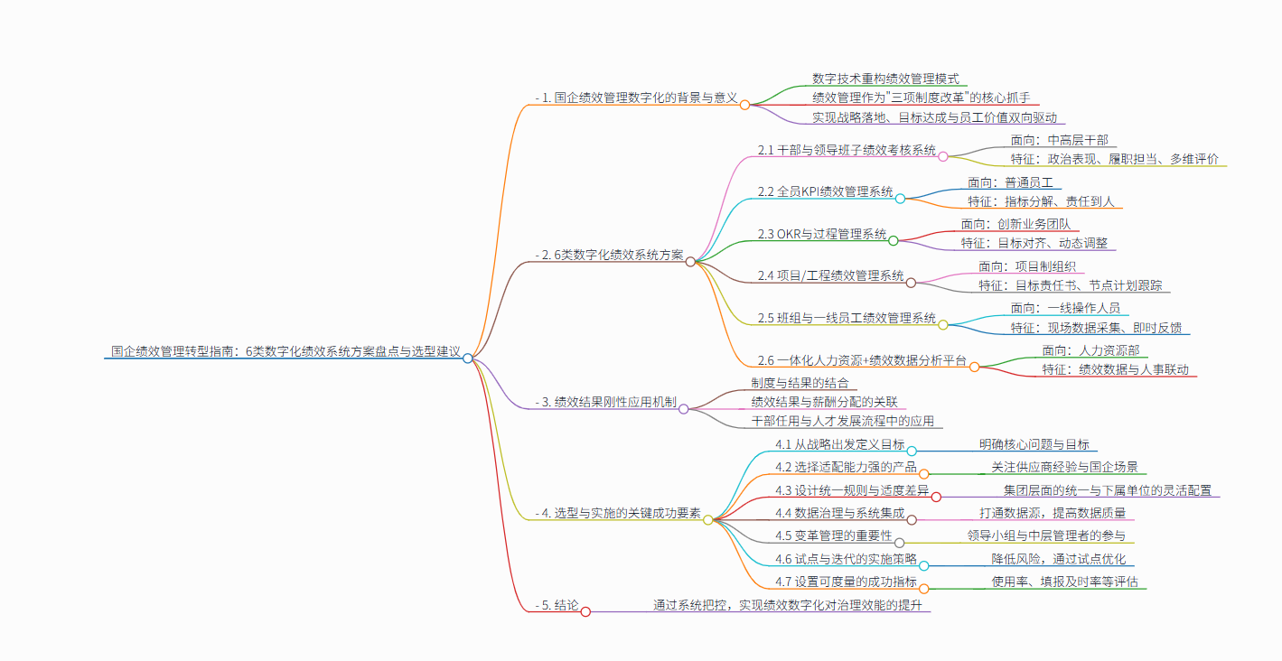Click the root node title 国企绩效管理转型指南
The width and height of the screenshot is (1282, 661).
pos(285,350)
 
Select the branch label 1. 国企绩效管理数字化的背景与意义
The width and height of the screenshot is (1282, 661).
pos(637,97)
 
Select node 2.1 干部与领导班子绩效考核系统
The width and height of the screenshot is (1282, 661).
pos(847,150)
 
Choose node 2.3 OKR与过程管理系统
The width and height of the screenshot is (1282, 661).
pos(822,234)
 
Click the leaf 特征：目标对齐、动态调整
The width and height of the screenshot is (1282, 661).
pos(1037,243)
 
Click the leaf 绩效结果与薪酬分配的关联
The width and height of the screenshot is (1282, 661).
pos(823,402)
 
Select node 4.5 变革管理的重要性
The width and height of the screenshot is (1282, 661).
pos(834,536)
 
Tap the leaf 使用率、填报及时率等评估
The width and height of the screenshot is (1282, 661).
pos(1064,581)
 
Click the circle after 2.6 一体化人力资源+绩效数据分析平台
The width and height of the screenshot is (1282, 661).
pos(975,367)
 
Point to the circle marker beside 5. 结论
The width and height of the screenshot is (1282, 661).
pos(585,611)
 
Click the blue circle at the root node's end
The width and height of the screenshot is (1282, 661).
pos(467,358)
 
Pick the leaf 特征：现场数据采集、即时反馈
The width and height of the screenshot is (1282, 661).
pos(1096,327)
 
